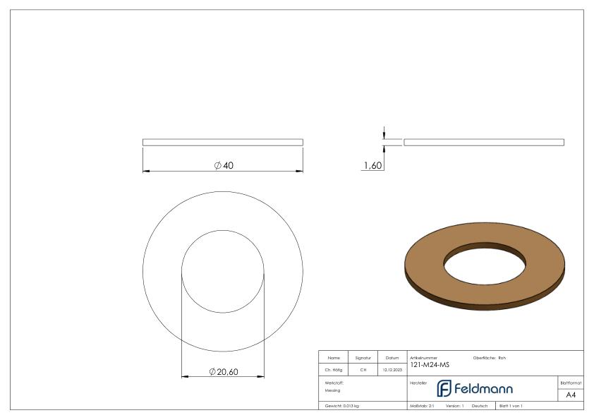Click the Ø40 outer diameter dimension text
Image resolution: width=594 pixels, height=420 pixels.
click(x=224, y=165)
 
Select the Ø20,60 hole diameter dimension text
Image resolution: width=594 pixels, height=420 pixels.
click(x=224, y=372)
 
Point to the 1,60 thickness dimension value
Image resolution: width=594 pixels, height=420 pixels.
click(x=372, y=165)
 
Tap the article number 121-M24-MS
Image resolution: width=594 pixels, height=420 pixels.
click(x=430, y=365)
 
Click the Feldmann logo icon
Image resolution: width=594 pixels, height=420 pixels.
click(x=444, y=388)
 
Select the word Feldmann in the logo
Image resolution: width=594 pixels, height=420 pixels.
click(x=483, y=388)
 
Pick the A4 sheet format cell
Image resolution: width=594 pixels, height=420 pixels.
click(x=571, y=395)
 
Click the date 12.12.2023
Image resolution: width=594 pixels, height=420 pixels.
click(x=392, y=370)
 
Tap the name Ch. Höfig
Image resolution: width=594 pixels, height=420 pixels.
click(x=334, y=370)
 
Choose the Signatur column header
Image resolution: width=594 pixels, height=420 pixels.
click(x=363, y=358)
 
